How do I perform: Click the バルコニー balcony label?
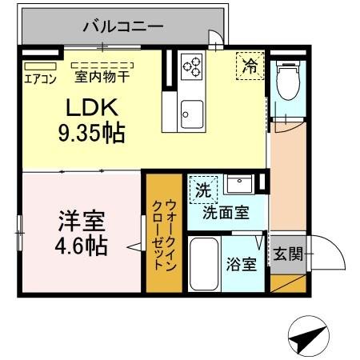point(123,26)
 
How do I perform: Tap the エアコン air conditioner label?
point(38,78)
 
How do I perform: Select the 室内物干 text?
point(102,78)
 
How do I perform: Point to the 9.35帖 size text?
point(90,133)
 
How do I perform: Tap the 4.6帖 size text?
point(82,246)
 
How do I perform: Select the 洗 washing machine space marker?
point(203,190)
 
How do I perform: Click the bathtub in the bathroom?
point(204,265)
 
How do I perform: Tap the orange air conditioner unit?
point(38,66)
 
